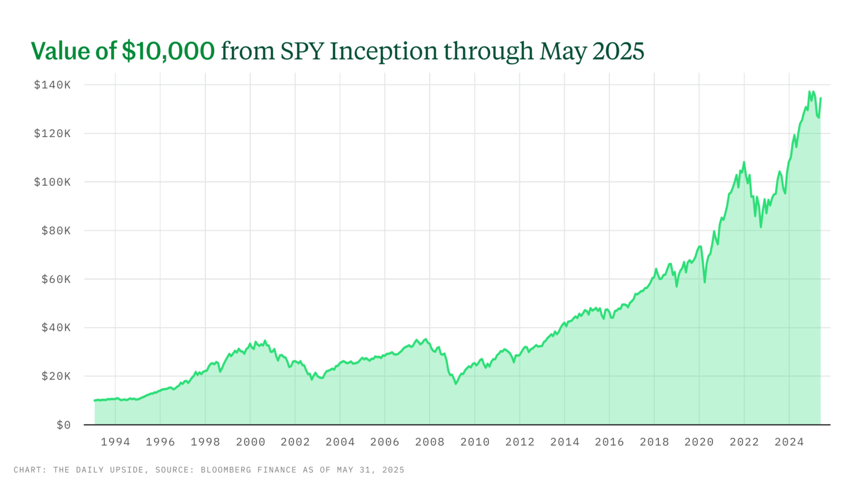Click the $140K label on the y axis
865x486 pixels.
pyautogui.click(x=52, y=85)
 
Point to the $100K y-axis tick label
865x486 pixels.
pyautogui.click(x=52, y=182)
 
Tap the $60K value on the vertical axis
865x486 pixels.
pyautogui.click(x=56, y=279)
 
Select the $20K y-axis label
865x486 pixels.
pyautogui.click(x=56, y=376)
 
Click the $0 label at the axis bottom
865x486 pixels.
pyautogui.click(x=63, y=426)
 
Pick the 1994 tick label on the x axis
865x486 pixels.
pyautogui.click(x=115, y=442)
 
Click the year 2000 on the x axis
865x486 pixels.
pyautogui.click(x=250, y=442)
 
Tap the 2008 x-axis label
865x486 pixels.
pyautogui.click(x=430, y=442)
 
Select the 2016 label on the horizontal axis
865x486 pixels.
pyautogui.click(x=609, y=442)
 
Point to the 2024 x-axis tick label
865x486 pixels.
pyautogui.click(x=789, y=442)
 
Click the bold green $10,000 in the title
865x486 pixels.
pyautogui.click(x=168, y=51)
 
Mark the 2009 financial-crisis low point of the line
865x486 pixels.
pyautogui.click(x=456, y=383)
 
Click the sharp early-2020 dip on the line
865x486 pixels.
pyautogui.click(x=704, y=282)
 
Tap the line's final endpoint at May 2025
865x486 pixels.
pyautogui.click(x=820, y=98)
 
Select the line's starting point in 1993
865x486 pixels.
pyautogui.click(x=95, y=401)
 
